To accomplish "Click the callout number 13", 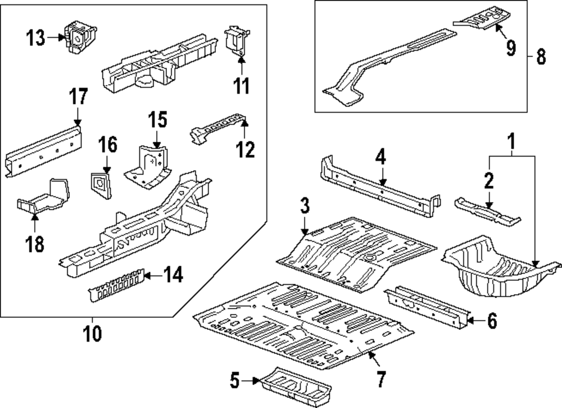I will (x=36, y=38).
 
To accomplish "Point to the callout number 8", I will (x=541, y=57).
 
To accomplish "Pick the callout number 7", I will (x=380, y=379).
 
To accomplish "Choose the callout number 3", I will (x=304, y=207).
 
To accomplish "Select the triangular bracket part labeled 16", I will (x=100, y=182).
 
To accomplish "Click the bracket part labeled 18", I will (x=45, y=196).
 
